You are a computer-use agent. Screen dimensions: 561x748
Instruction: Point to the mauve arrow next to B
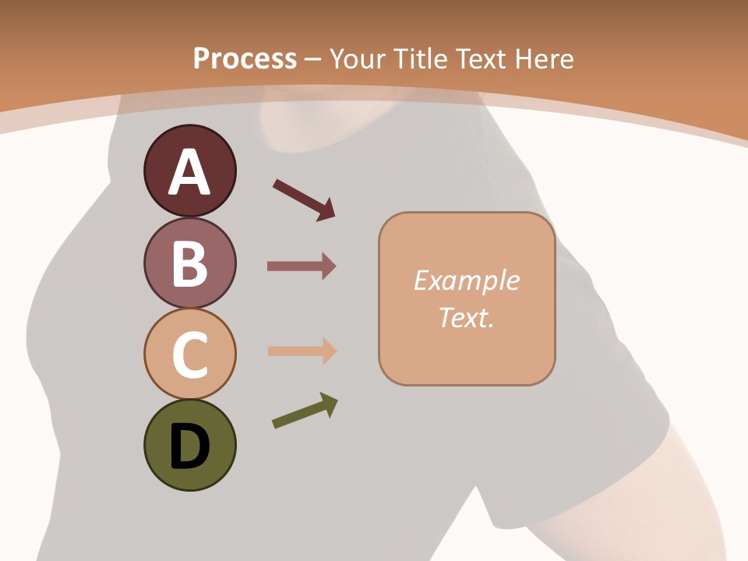(x=301, y=266)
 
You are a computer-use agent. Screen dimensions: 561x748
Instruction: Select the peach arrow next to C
(x=301, y=351)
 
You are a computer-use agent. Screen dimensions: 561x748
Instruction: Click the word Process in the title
(x=245, y=58)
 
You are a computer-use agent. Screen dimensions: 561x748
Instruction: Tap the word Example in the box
(x=466, y=280)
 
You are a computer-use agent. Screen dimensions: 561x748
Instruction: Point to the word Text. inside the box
(x=466, y=317)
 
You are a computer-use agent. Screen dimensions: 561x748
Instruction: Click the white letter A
(x=189, y=172)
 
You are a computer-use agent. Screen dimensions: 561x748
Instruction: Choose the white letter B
(x=189, y=263)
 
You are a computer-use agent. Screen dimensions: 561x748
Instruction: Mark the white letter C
(x=189, y=355)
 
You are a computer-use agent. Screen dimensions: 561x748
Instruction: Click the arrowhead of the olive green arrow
(x=329, y=404)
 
